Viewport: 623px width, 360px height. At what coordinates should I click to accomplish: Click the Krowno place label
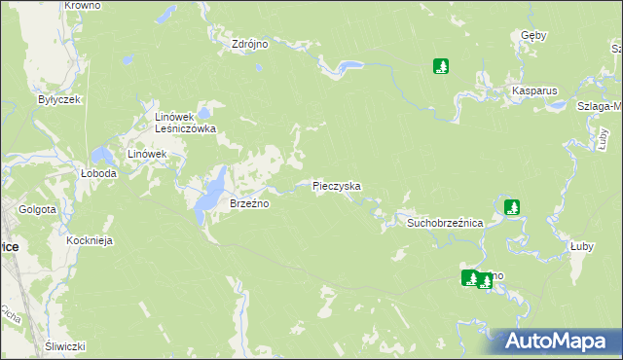pyautogui.click(x=82, y=6)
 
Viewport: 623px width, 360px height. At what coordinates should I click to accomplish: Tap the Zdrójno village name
pyautogui.click(x=250, y=44)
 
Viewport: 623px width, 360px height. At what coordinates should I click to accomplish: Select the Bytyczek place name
pyautogui.click(x=58, y=99)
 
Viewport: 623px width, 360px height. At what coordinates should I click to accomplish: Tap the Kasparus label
pyautogui.click(x=534, y=90)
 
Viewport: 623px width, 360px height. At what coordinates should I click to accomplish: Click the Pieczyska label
pyautogui.click(x=337, y=185)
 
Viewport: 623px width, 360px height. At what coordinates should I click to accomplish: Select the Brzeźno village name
pyautogui.click(x=248, y=204)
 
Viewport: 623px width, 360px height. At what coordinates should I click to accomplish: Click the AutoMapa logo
pyautogui.click(x=553, y=342)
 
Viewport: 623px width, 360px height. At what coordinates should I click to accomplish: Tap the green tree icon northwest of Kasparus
pyautogui.click(x=441, y=66)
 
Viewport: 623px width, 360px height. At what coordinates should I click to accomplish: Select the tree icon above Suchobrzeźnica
pyautogui.click(x=512, y=206)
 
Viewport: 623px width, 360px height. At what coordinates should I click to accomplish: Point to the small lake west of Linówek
pyautogui.click(x=101, y=155)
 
